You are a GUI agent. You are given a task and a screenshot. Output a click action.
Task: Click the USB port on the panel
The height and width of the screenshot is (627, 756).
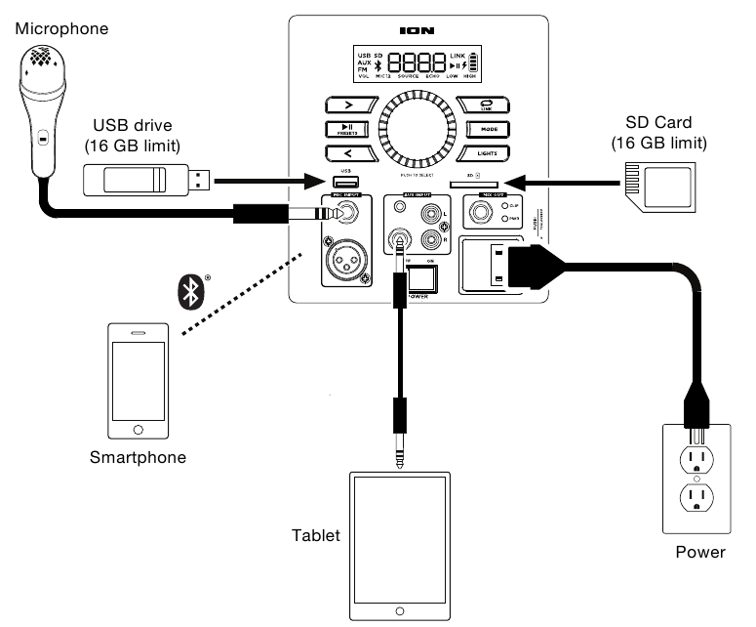[345, 183]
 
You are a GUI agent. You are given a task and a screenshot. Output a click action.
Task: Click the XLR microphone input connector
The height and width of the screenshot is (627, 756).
[345, 264]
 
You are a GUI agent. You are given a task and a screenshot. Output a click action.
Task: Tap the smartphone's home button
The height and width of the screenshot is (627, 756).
[138, 428]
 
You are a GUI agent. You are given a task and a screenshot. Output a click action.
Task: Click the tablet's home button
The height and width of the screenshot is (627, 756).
[398, 611]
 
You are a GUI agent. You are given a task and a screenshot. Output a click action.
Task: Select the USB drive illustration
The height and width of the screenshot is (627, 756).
[146, 179]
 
